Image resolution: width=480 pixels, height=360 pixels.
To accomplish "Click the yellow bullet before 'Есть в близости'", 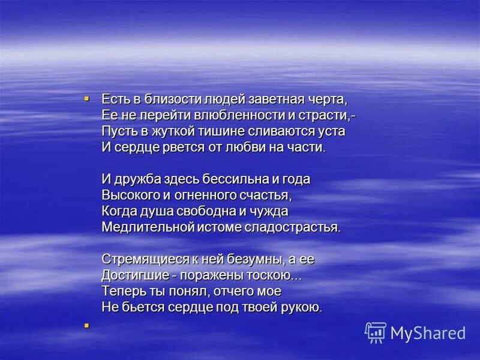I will pos(86,97).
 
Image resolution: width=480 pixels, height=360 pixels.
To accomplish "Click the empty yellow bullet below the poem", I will pos(86,326).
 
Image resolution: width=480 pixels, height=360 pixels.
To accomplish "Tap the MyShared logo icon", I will pos(375,332).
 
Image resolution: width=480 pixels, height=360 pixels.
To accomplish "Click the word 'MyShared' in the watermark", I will pos(428,333).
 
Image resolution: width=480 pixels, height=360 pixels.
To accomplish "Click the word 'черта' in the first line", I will pos(328,98).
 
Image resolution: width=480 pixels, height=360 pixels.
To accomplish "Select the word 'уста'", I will pos(332,131).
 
